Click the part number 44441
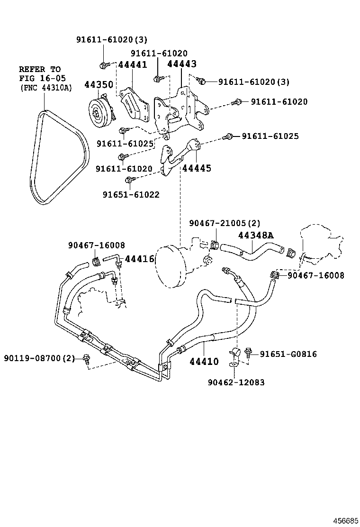coord(133,65)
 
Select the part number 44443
coord(182,64)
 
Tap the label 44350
coord(99,85)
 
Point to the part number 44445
coord(197,168)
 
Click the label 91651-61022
coord(131,194)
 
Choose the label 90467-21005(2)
coord(225,223)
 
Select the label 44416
coord(140,259)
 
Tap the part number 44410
coord(204,362)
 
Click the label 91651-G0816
coord(288,354)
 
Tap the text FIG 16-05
coord(43,78)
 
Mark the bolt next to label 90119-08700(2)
coord(86,358)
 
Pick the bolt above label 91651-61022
coord(128,180)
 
